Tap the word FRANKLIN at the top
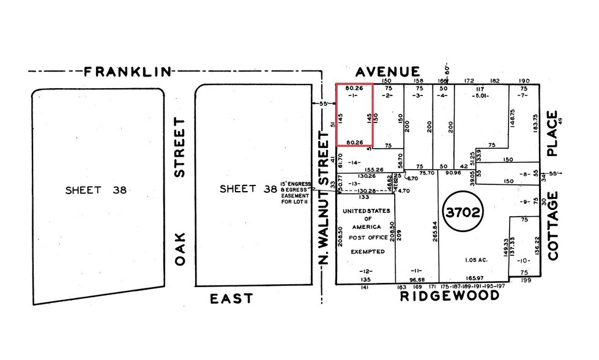coord(127,72)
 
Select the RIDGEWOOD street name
coord(450,296)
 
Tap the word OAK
coord(179,252)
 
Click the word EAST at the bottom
coord(231,299)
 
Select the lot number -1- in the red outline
coord(354,96)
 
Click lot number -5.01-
coord(482,96)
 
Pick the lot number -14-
coord(355,163)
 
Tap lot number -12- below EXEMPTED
coord(366,271)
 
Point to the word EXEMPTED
coord(367,252)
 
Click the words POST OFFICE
coord(367,237)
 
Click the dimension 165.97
coord(479,278)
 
